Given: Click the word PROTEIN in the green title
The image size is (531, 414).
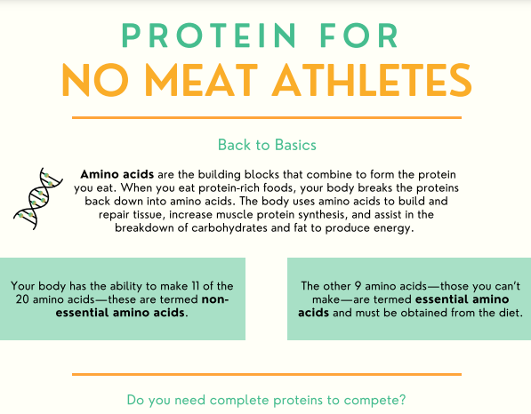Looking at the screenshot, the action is (x=209, y=36).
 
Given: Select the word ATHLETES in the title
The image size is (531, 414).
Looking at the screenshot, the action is (x=372, y=81).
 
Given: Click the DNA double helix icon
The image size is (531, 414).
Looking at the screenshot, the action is (x=38, y=198).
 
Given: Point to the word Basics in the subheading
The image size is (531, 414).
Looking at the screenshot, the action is (x=295, y=145).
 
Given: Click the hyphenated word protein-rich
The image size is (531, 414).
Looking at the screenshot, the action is (x=235, y=187).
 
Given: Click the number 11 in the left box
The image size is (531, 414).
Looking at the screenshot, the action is (x=195, y=286).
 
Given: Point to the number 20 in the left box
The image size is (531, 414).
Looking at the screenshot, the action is (x=22, y=299).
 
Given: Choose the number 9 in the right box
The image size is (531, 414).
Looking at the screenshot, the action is (x=358, y=286).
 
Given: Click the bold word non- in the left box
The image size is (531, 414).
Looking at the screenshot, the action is (x=215, y=299).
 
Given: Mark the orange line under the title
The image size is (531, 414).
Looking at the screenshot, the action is (x=267, y=117).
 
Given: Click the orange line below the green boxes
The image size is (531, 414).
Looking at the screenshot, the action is (x=267, y=374).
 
